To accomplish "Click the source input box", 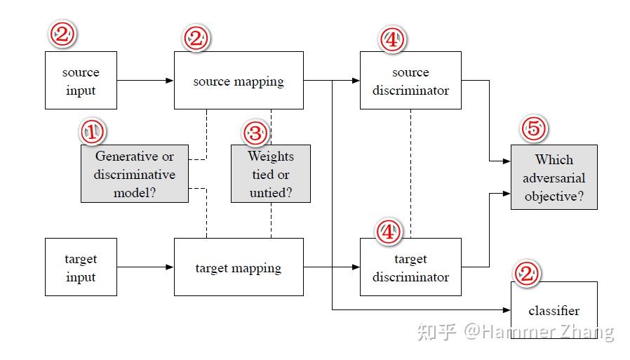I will click(81, 80).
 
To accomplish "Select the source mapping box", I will click(239, 80).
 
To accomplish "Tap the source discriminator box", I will click(410, 80).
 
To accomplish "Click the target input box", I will click(81, 267).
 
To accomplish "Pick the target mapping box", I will click(239, 267).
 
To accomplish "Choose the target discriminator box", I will click(410, 267).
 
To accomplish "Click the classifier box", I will click(554, 310).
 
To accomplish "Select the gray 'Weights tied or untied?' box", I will click(271, 174).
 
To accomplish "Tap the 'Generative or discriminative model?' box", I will click(134, 174).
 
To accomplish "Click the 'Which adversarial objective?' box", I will click(554, 177).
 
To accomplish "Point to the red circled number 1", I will click(92, 131).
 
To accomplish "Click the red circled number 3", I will click(255, 132).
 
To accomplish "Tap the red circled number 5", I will click(534, 128).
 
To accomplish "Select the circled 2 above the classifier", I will click(527, 274).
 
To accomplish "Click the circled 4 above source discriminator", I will click(392, 39).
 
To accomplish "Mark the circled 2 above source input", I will click(62, 34).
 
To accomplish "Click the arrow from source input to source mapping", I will click(145, 81).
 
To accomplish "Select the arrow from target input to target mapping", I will click(145, 267).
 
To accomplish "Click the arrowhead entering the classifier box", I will click(506, 309).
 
